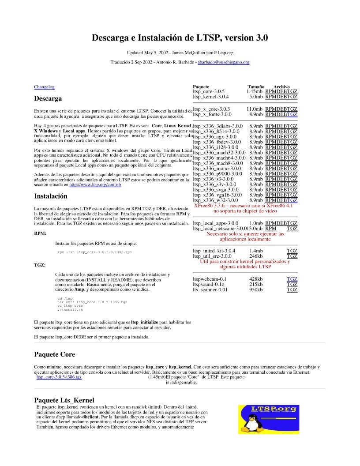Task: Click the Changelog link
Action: tap(44, 87)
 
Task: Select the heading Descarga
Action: tap(48, 98)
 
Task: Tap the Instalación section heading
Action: tap(51, 196)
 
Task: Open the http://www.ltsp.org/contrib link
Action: tap(95, 184)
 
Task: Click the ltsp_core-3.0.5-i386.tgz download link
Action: tap(59, 377)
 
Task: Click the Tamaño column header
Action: tap(256, 87)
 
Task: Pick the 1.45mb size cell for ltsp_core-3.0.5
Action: tap(255, 91)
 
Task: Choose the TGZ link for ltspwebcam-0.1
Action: tap(292, 279)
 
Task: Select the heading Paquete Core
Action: tap(55, 354)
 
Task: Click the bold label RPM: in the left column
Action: tap(40, 233)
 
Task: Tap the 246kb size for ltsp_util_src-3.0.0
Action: tap(256, 256)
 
